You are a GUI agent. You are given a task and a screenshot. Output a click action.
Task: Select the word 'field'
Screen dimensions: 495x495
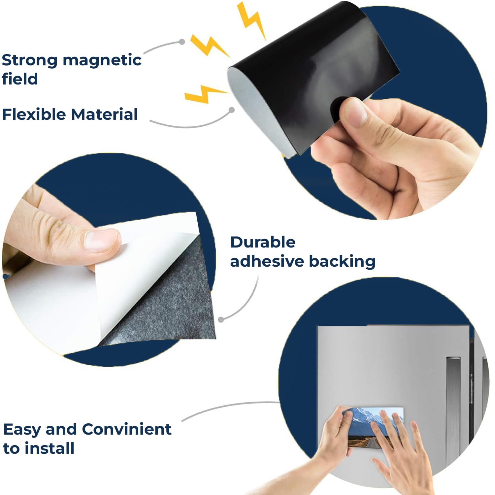pos(20,79)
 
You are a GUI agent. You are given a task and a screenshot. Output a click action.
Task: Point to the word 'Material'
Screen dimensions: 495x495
pos(104,115)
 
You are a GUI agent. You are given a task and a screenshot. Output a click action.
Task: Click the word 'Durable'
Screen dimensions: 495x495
pos(263,242)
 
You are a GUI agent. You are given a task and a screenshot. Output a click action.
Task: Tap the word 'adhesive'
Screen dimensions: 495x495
pos(267,261)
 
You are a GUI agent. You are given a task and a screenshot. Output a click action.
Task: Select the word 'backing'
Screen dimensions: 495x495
pos(342,262)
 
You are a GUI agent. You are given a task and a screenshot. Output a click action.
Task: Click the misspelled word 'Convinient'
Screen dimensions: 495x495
pos(127,429)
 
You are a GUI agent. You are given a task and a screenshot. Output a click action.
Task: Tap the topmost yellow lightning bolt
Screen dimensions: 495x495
pos(251,20)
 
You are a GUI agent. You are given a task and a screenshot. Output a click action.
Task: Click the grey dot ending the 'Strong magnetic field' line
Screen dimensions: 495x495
pos(182,42)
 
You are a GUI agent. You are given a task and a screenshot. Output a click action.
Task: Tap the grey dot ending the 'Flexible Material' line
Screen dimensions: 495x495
pos(232,110)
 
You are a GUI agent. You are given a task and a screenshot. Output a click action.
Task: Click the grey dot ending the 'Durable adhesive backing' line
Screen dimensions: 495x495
pos(221,319)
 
